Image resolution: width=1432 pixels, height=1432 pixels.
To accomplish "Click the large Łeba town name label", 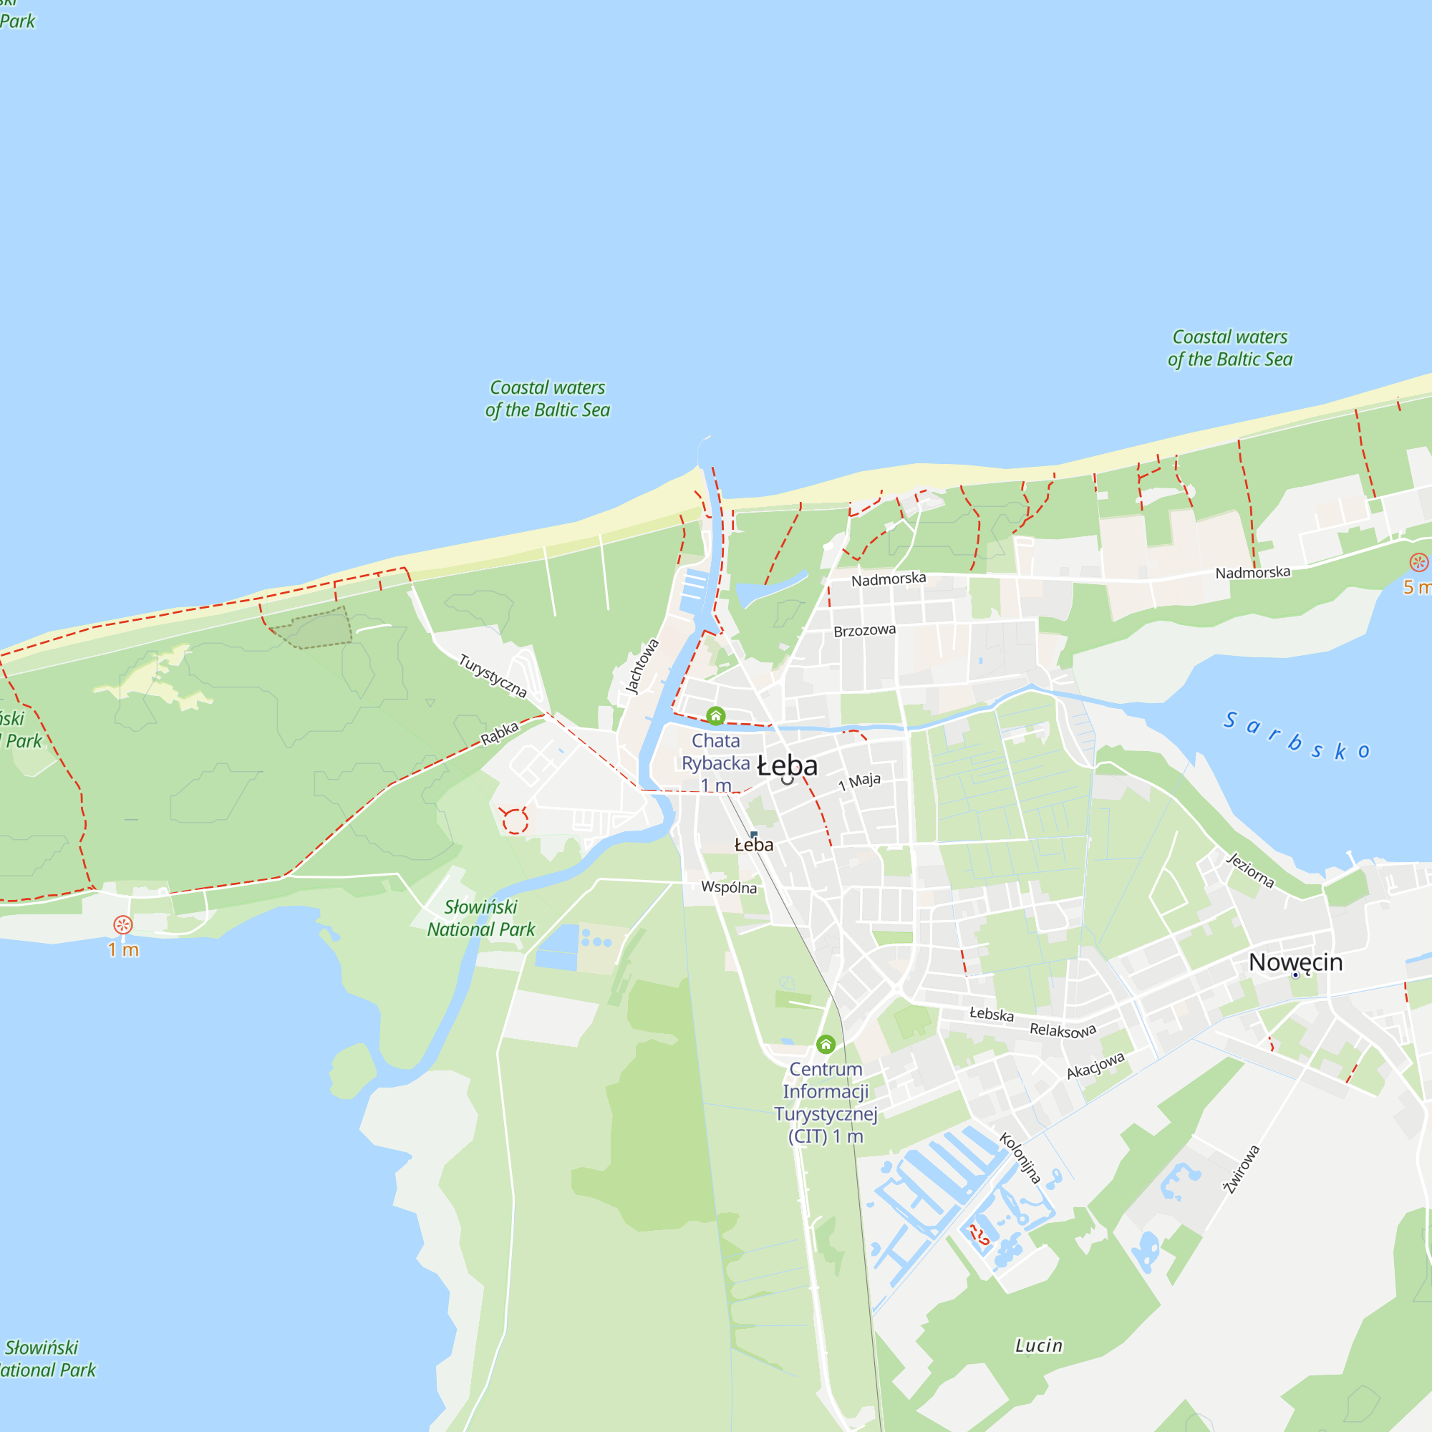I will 787,765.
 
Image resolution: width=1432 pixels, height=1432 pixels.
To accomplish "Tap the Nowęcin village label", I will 1296,962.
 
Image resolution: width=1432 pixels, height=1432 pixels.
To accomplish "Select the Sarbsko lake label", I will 1296,736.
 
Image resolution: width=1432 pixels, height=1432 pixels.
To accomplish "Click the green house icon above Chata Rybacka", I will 715,715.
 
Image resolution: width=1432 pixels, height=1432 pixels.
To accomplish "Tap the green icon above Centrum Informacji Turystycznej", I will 826,1045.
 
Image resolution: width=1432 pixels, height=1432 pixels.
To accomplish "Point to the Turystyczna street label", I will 492,675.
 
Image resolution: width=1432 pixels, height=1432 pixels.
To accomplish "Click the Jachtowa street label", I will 642,667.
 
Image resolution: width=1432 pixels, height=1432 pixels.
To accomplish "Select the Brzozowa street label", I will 864,631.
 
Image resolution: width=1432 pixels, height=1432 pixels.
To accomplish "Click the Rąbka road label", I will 500,733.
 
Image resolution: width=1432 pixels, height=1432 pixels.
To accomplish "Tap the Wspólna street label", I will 729,887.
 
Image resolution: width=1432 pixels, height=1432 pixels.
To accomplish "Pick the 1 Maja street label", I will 859,781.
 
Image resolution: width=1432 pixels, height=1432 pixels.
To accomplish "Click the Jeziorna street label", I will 1249,870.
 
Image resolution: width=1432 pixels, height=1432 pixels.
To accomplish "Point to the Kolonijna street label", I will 1020,1158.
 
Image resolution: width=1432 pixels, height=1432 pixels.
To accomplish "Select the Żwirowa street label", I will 1242,1170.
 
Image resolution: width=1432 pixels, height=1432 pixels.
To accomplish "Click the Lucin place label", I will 1038,1346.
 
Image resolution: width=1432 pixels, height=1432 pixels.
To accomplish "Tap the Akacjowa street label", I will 1095,1065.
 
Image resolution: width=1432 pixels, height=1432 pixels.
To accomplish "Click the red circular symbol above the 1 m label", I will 123,924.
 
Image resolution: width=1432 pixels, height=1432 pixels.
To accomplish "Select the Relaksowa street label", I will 1062,1030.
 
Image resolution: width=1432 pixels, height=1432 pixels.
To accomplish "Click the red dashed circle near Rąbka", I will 514,821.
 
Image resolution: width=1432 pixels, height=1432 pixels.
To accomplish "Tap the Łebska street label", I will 991,1014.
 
